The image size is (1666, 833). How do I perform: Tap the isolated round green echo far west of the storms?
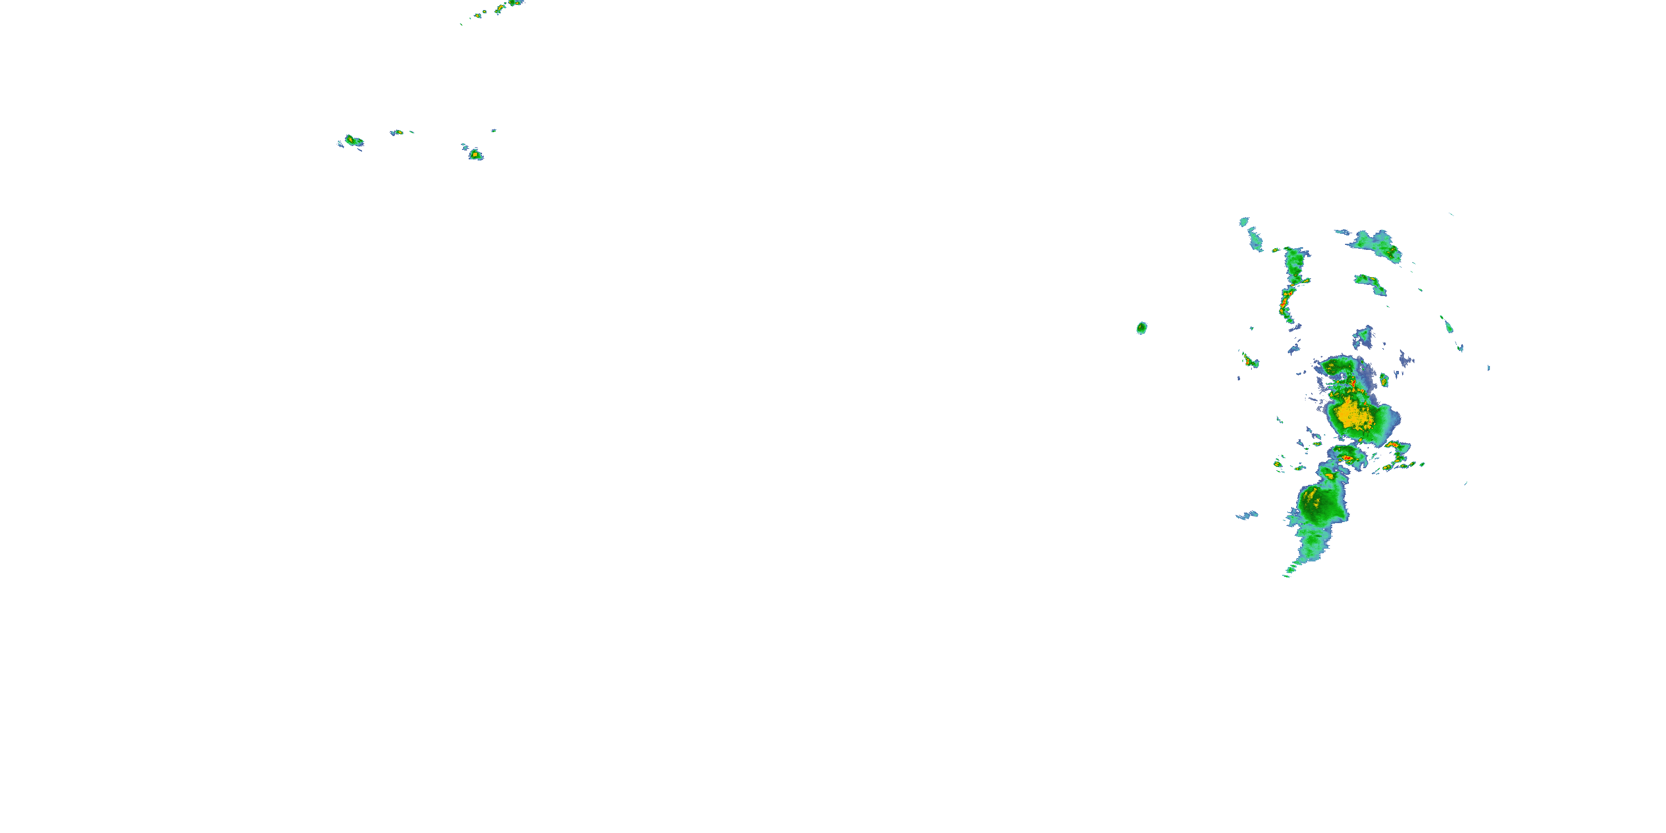(x=1142, y=328)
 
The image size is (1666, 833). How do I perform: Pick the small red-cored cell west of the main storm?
(x=1249, y=361)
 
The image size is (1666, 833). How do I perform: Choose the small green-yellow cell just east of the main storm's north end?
(x=1384, y=380)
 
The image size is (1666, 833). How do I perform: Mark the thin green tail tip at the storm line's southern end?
(x=1287, y=573)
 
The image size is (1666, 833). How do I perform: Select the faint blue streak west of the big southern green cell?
(x=1247, y=515)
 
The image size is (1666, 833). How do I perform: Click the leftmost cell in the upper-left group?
(x=352, y=140)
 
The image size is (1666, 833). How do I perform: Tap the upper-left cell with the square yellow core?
(x=475, y=154)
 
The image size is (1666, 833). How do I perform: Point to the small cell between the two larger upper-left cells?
(x=398, y=133)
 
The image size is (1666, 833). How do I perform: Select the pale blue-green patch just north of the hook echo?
(x=1363, y=337)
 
